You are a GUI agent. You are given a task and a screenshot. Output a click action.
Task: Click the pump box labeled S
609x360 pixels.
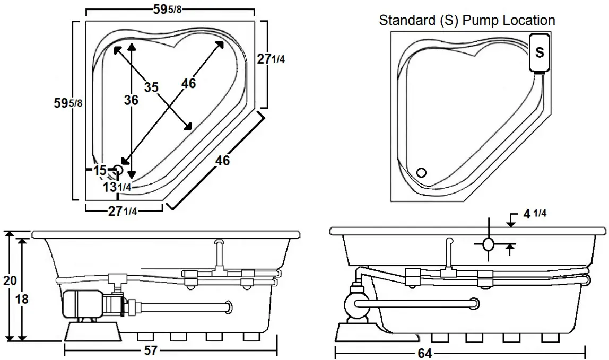(x=539, y=52)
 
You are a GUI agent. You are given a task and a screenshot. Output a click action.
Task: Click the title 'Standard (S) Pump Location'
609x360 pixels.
(x=467, y=21)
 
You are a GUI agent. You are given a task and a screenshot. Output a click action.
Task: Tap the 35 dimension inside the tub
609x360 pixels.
(x=151, y=87)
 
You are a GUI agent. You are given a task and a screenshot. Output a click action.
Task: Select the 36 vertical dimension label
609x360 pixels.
(x=131, y=100)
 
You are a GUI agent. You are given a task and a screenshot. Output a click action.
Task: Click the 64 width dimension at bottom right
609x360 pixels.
(x=424, y=353)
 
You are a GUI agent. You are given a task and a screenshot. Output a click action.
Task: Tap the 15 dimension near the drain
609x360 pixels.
(x=99, y=170)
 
